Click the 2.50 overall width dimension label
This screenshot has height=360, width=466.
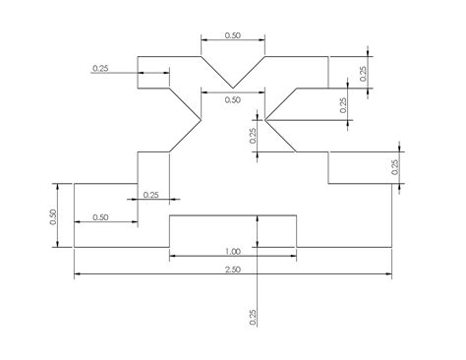(233, 270)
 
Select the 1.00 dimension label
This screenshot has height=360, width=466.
(233, 251)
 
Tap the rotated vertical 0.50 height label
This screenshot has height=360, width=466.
(55, 215)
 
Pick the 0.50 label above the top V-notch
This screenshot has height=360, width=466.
(233, 34)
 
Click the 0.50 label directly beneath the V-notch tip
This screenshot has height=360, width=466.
(233, 99)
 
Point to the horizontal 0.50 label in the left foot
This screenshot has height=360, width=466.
(100, 216)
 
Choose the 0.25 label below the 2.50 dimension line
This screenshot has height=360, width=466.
(253, 317)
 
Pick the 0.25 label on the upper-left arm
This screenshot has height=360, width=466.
(100, 68)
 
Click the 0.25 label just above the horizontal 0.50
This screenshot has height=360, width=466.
(150, 195)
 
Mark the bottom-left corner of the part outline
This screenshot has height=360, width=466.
(75, 247)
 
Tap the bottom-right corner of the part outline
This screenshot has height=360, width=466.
(391, 247)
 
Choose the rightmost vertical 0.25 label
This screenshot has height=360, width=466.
(395, 167)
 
